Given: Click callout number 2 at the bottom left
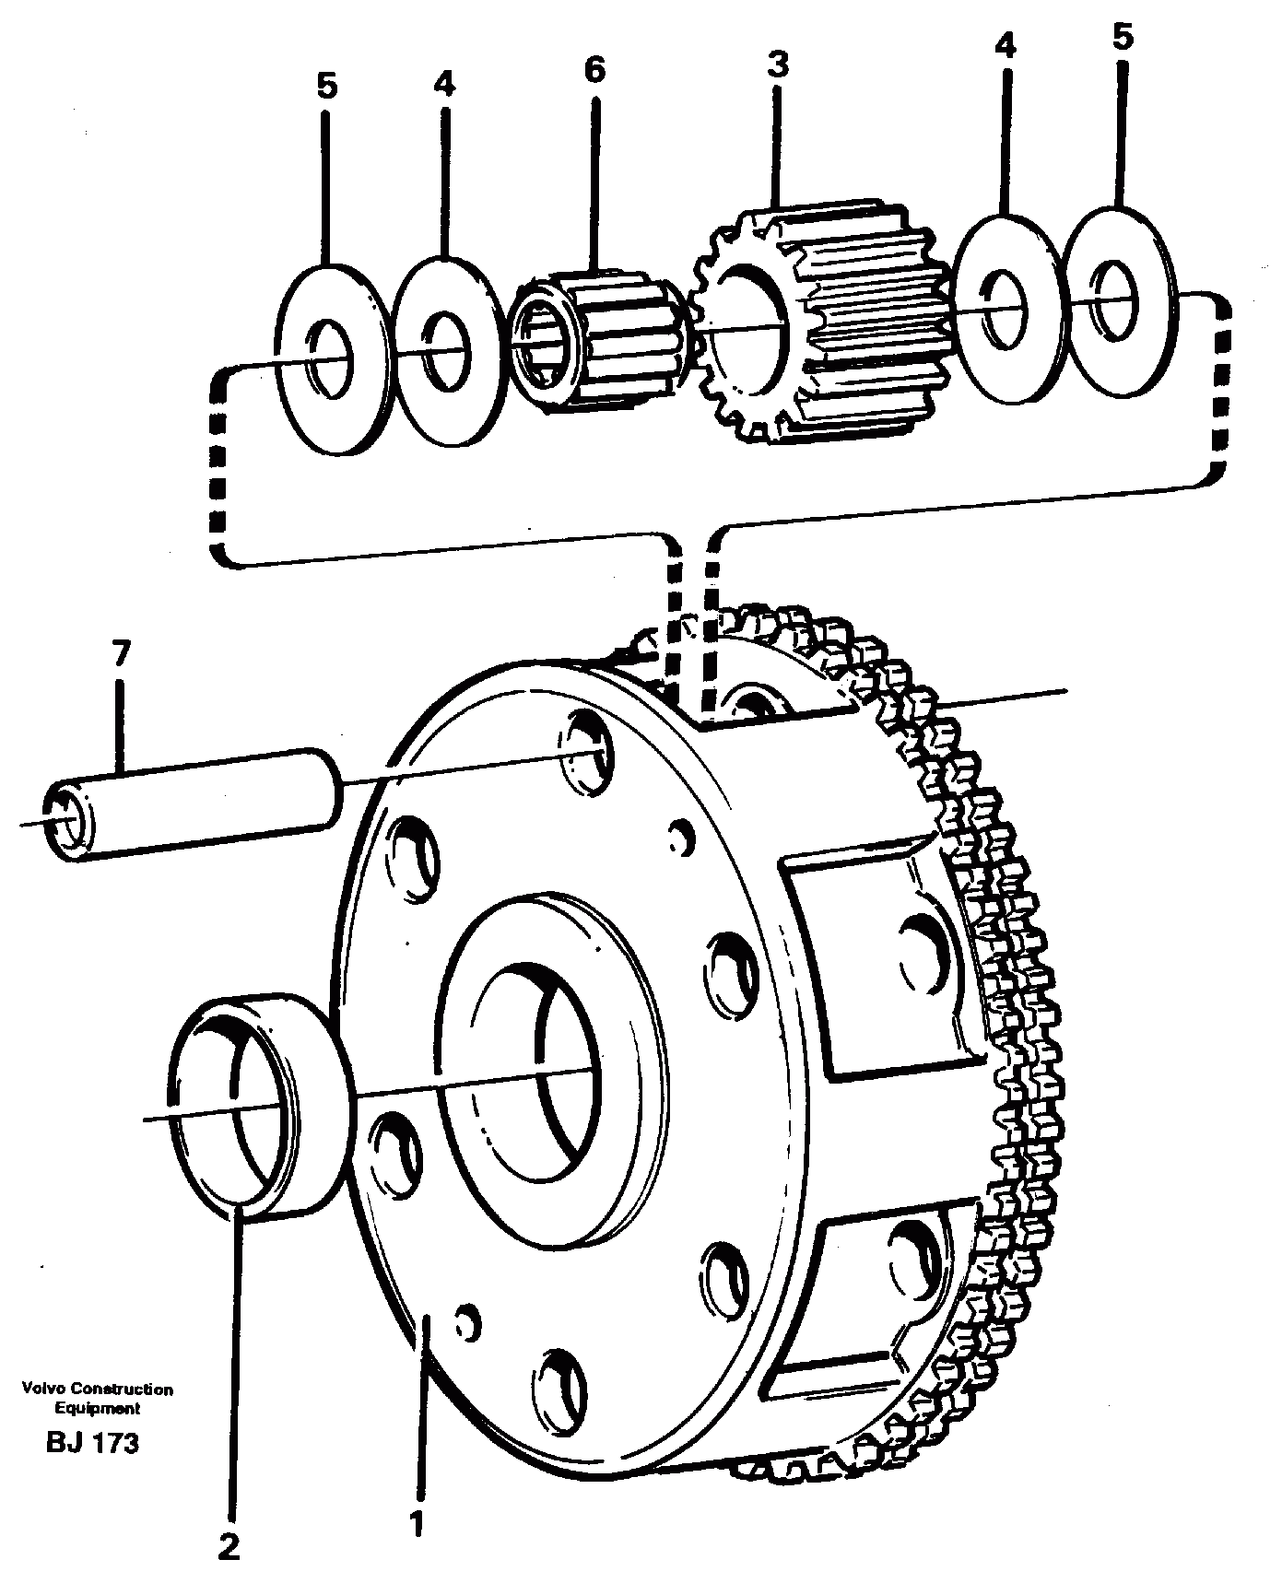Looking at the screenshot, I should click(229, 1544).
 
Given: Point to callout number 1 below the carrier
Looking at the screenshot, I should click(418, 1522).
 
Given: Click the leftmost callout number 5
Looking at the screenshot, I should click(326, 87).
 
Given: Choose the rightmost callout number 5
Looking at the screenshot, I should click(1122, 38).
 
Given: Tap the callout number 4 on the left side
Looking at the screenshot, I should click(443, 84).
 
